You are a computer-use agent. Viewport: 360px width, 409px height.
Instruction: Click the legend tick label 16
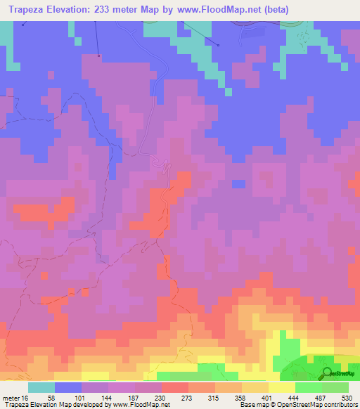pos(25,397)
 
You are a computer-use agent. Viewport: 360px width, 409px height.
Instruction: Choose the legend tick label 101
pos(82,397)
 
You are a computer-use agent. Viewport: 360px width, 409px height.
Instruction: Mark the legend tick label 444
pos(295,397)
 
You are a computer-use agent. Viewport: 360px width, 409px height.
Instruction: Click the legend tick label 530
pos(347,397)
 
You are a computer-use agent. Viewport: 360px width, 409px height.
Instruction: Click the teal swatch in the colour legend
pos(41,387)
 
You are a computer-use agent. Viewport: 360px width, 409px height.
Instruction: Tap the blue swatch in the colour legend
pos(68,387)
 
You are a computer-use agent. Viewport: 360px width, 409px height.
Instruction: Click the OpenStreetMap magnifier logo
pos(328,372)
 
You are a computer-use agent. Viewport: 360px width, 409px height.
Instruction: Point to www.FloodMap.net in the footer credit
pos(141,405)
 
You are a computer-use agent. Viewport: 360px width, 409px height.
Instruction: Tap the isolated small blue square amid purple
pos(239,184)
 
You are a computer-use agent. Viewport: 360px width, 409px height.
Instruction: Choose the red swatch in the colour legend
pos(174,387)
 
